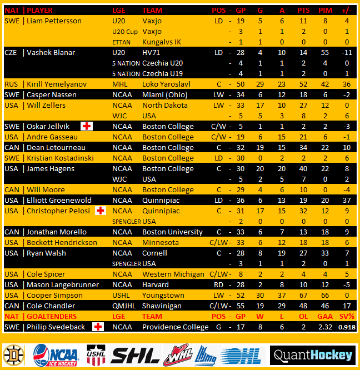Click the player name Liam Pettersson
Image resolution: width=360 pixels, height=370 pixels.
54,21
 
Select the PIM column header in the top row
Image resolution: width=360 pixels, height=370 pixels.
326,11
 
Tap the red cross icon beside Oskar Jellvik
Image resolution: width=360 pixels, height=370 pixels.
87,126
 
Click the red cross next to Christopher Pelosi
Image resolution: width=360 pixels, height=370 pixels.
100,211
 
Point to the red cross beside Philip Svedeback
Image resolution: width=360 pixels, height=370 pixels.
98,327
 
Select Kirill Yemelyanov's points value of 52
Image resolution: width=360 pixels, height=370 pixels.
303,84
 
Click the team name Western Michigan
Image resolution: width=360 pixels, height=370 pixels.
173,274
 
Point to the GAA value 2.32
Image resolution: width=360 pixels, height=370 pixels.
326,327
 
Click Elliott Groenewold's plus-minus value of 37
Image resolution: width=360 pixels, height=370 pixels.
346,201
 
